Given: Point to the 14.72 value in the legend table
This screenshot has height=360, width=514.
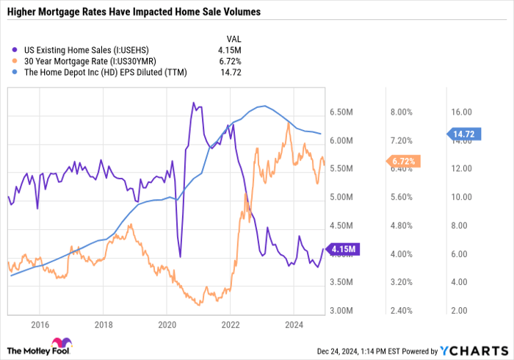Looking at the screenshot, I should (231, 73).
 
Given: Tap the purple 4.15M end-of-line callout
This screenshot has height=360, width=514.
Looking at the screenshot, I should (343, 250).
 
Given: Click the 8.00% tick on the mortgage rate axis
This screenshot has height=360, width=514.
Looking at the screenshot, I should (401, 112).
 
